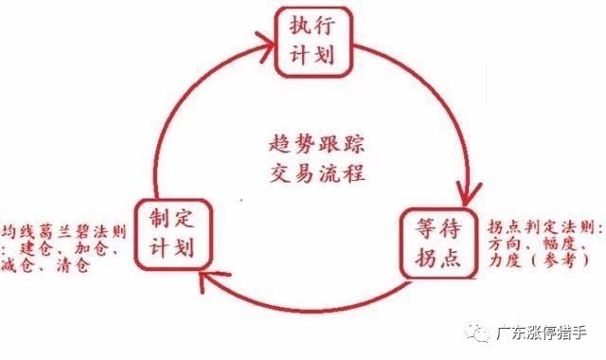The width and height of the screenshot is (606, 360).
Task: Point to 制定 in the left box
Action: tap(172, 220)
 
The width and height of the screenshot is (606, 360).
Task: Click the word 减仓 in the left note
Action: tap(21, 267)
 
